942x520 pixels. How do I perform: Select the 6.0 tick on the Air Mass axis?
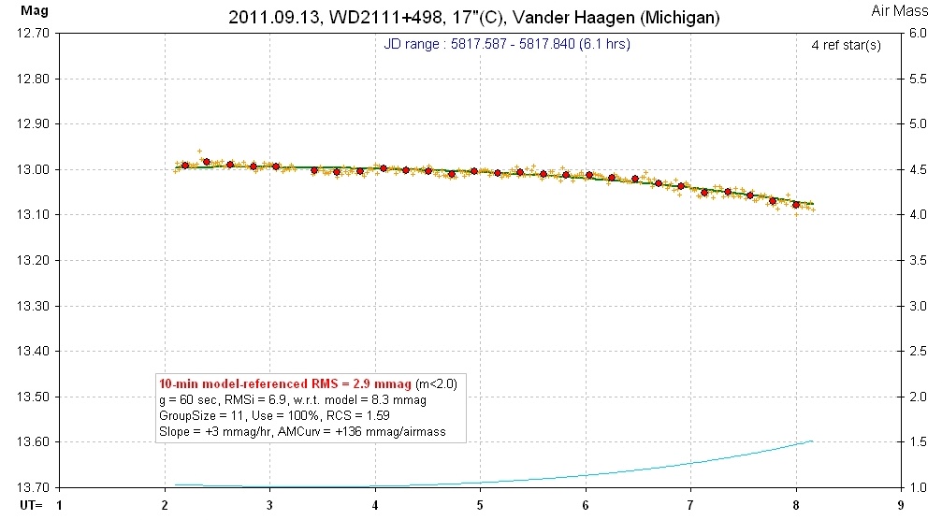coord(914,33)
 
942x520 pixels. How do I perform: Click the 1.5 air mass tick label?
coord(914,442)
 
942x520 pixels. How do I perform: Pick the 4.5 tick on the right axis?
coord(914,169)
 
